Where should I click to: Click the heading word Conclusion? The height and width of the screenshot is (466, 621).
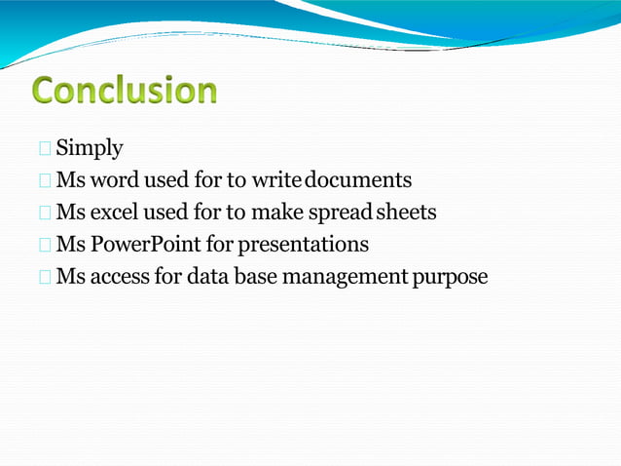point(124,91)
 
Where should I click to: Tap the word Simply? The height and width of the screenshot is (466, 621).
point(90,149)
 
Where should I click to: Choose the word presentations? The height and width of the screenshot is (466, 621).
point(304,244)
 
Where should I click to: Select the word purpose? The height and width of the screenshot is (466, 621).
point(450,276)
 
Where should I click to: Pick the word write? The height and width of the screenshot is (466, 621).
point(276,180)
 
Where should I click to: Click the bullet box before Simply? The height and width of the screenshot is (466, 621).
point(45,149)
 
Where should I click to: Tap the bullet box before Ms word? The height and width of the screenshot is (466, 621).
point(45,181)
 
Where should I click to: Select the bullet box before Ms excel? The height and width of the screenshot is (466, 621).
point(45,213)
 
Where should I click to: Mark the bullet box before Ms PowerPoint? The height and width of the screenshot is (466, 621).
point(45,245)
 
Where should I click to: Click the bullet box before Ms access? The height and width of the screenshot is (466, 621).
point(45,277)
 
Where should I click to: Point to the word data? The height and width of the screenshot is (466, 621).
point(208,276)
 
